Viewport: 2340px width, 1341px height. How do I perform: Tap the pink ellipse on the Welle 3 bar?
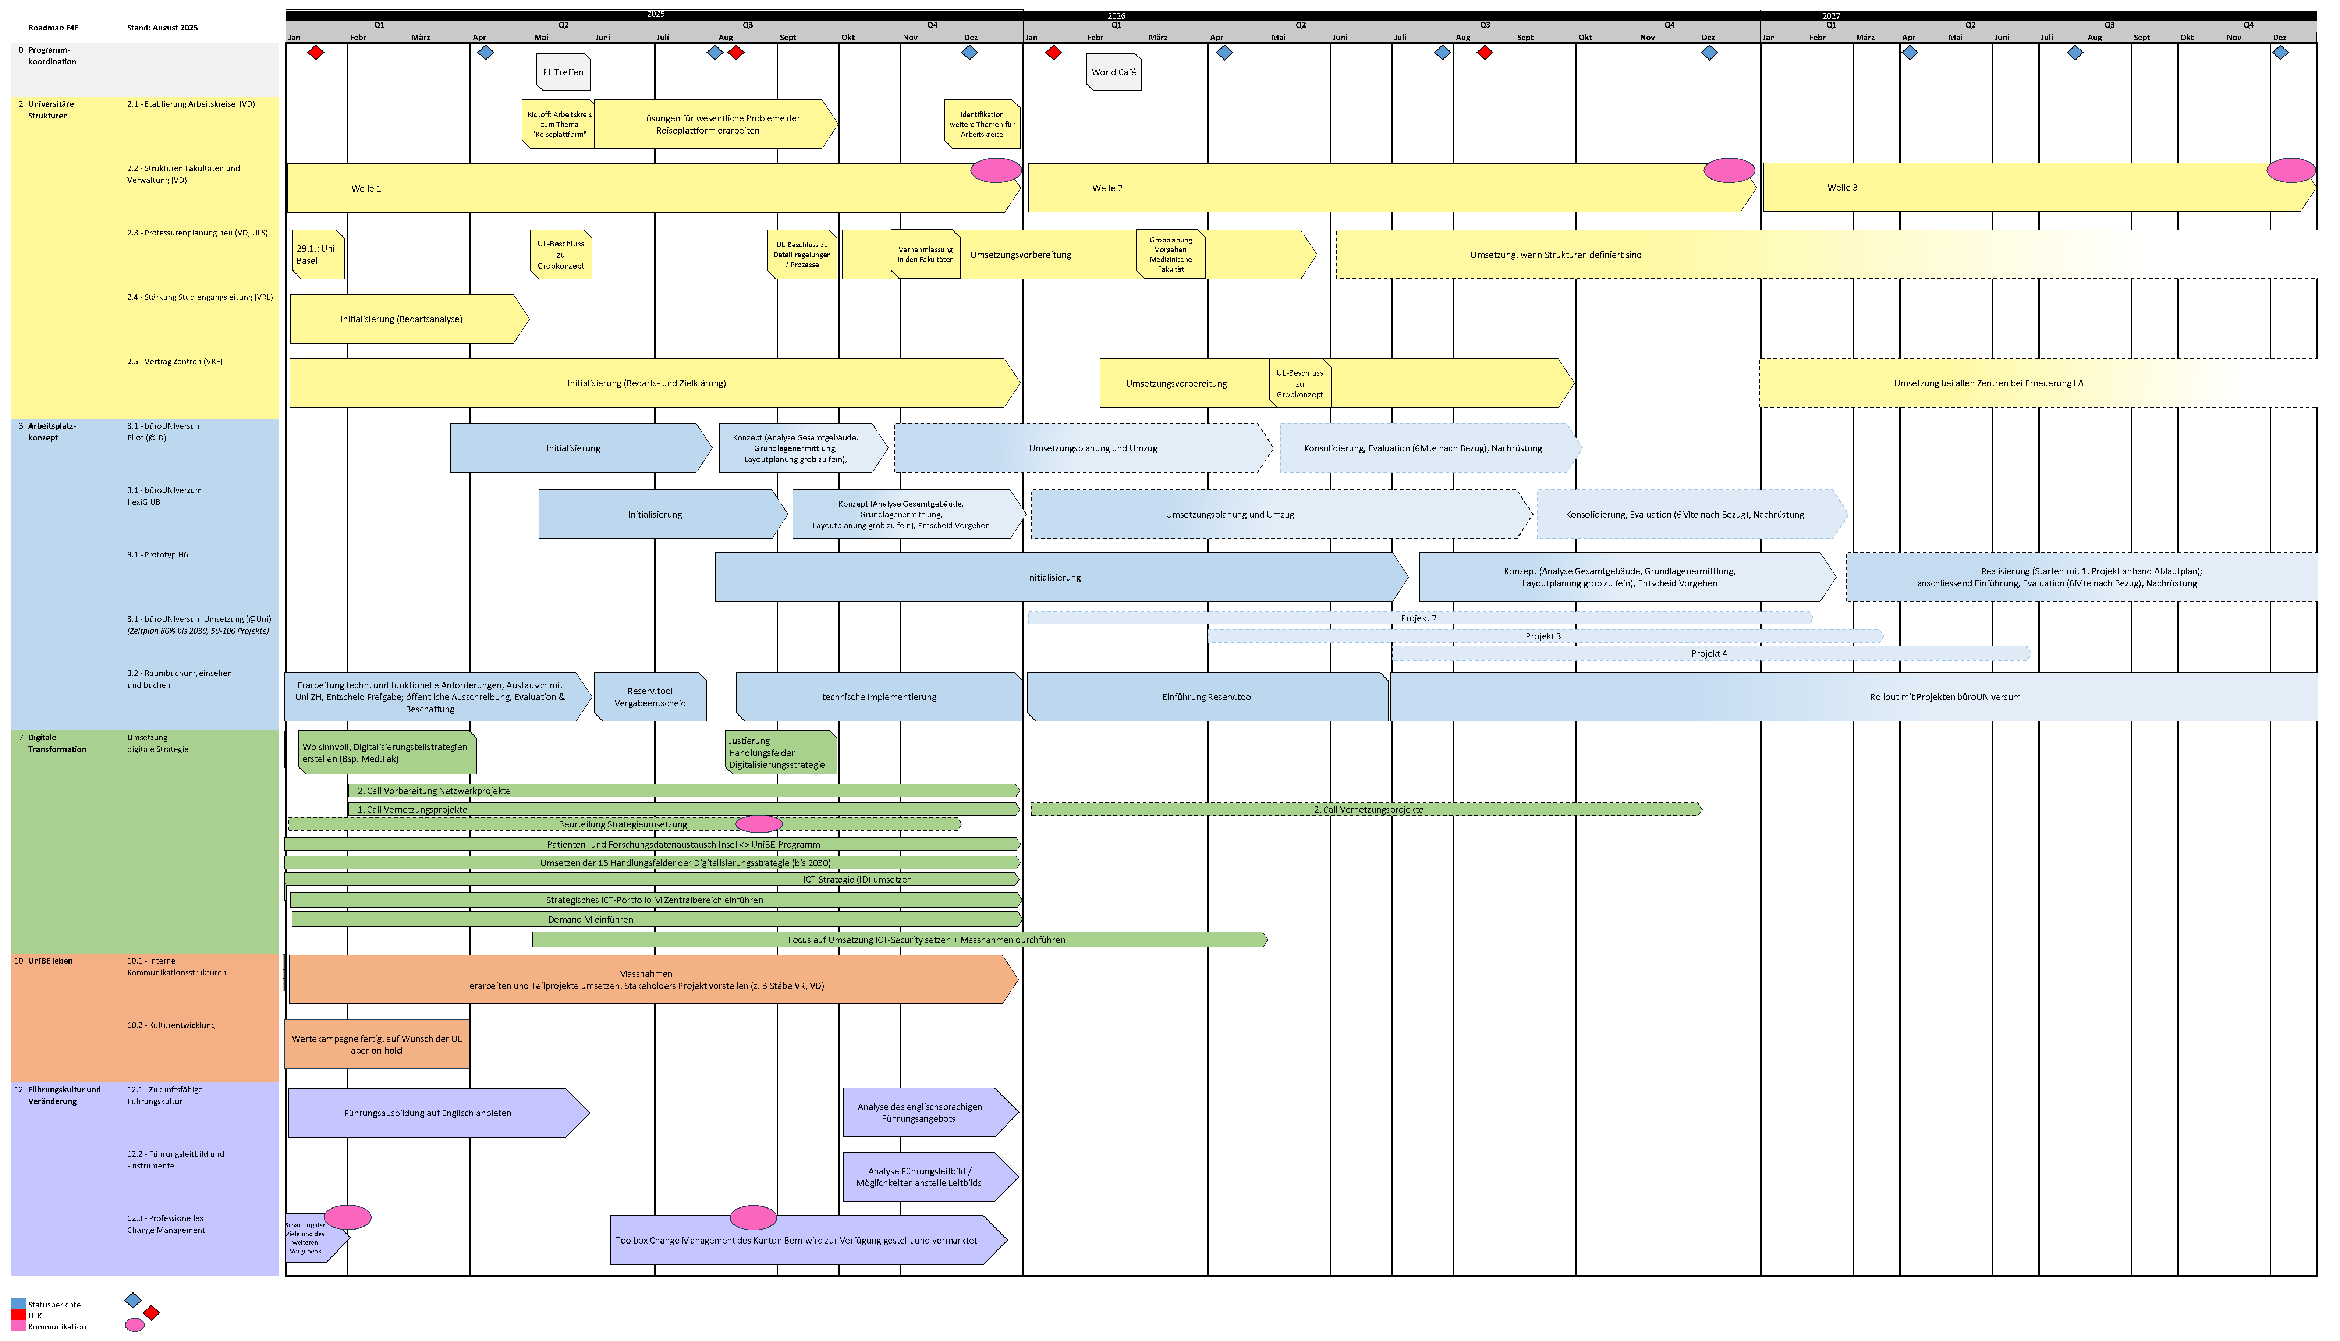tap(2290, 170)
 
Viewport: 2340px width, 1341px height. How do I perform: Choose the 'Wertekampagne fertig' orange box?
tap(377, 1044)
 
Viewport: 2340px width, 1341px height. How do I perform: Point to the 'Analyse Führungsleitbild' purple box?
tap(919, 1177)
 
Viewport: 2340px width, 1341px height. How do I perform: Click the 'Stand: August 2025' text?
tap(162, 28)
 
